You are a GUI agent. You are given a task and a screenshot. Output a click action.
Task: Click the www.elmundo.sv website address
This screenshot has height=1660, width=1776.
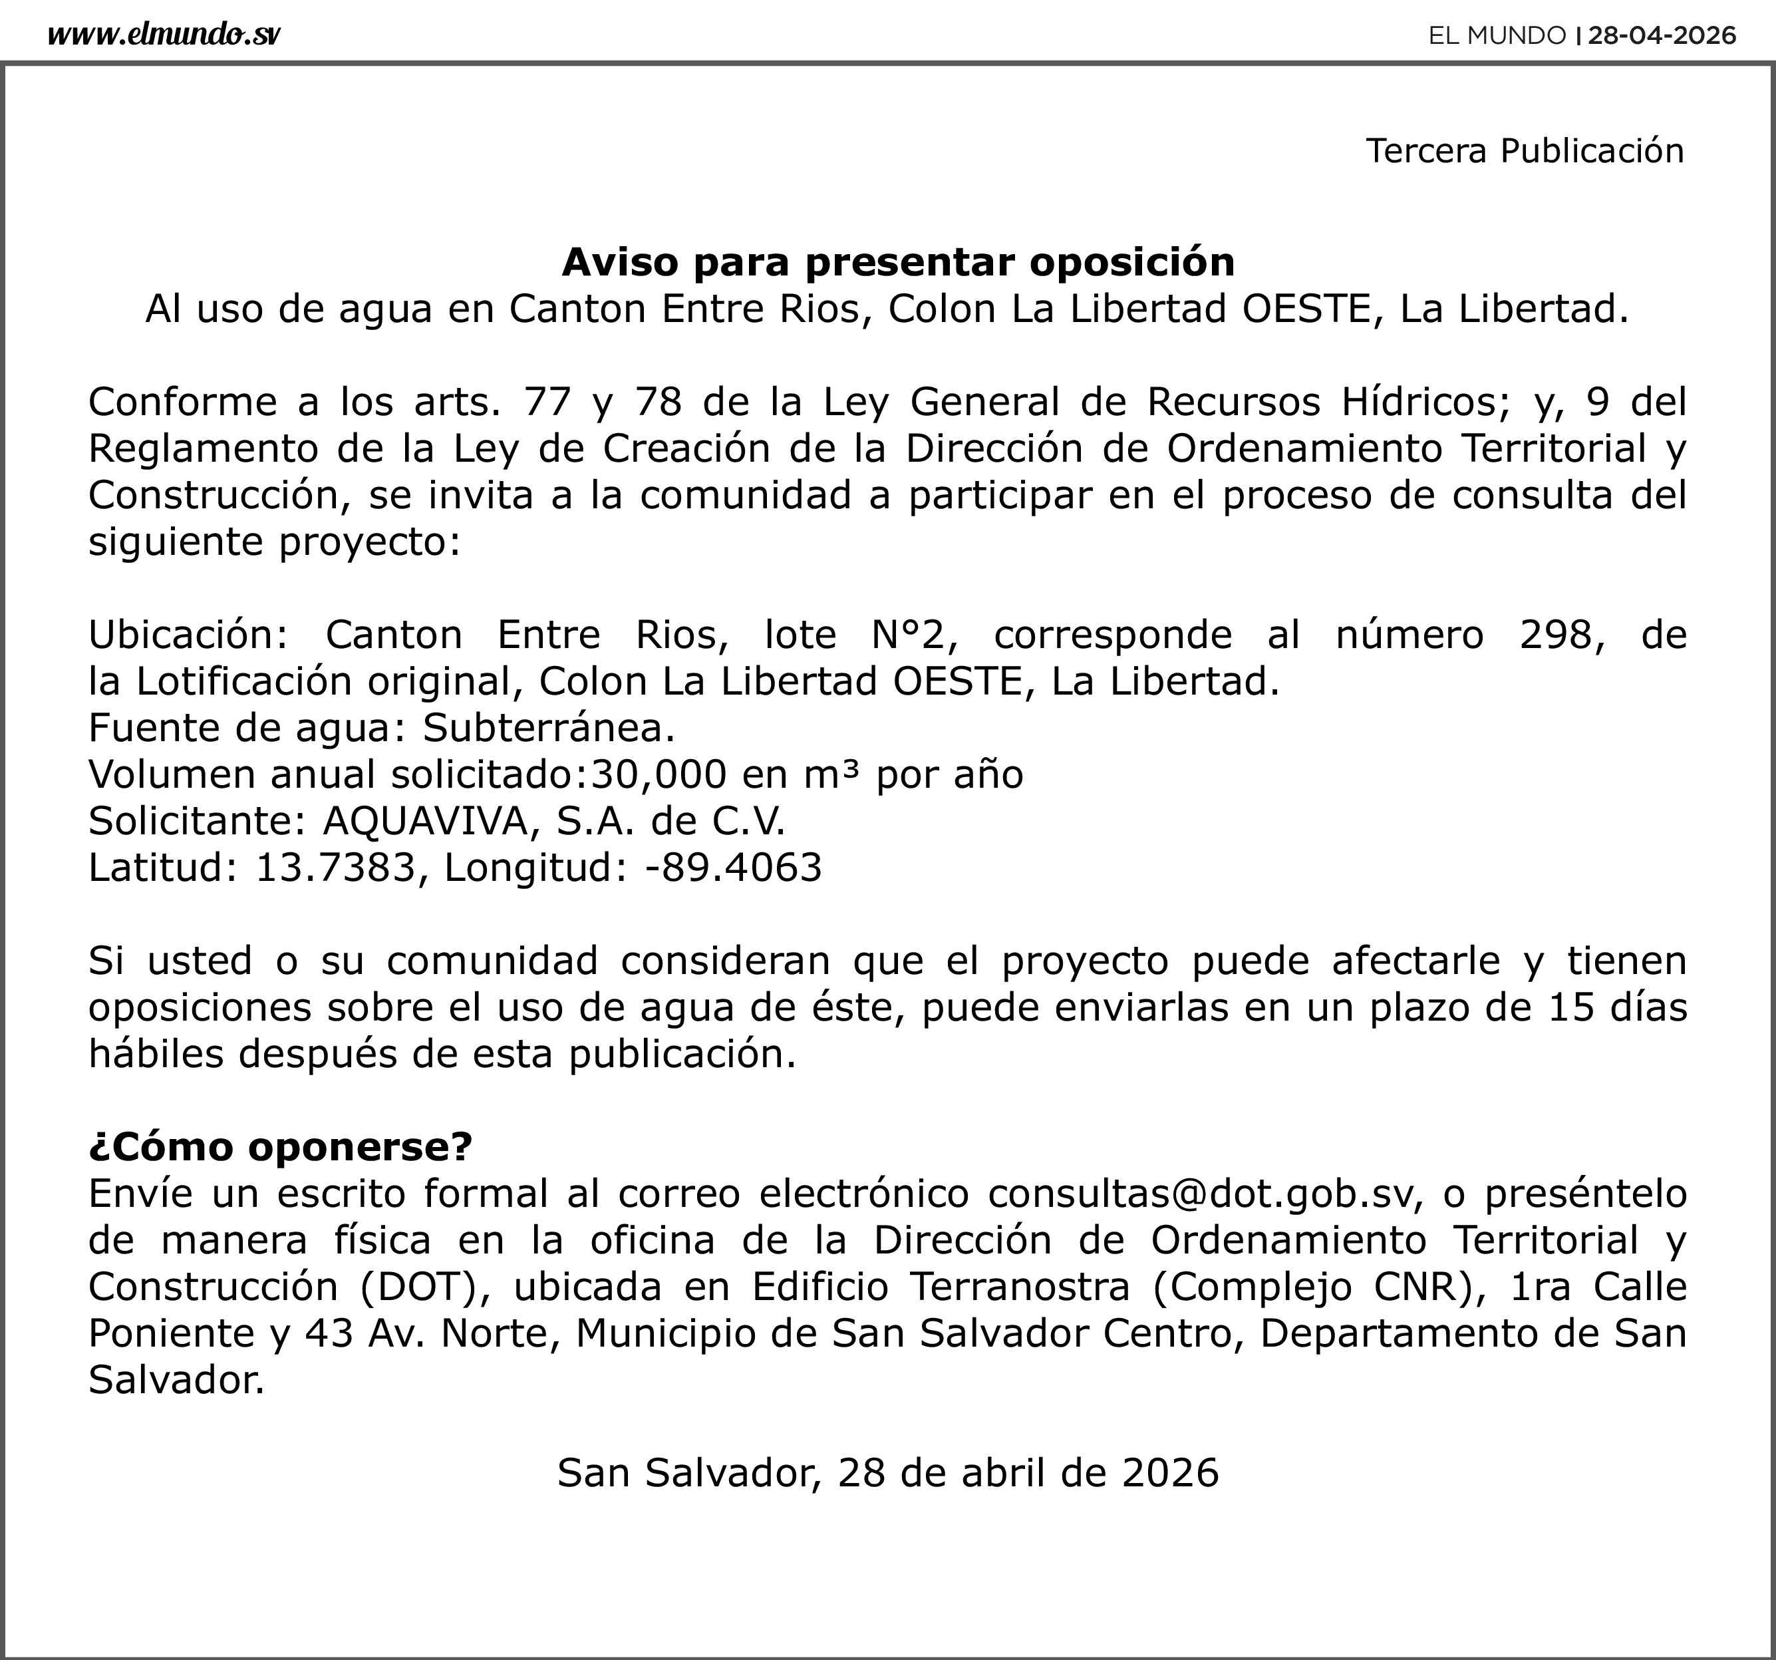tap(164, 35)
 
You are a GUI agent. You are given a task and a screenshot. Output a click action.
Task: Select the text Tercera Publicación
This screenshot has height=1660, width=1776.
tap(1524, 150)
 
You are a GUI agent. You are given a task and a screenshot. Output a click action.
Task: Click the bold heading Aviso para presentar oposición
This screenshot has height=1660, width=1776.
tap(898, 261)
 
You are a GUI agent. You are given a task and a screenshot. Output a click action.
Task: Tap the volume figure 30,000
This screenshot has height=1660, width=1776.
tap(659, 774)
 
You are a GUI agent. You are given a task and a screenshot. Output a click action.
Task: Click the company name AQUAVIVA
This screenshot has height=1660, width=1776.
tap(426, 820)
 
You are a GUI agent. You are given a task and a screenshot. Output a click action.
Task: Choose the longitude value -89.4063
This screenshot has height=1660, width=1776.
tap(732, 867)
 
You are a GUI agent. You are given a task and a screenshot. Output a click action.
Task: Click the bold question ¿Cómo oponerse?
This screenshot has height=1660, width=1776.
tap(279, 1146)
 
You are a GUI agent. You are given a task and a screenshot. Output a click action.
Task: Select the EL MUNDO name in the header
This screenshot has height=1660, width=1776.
tap(1497, 35)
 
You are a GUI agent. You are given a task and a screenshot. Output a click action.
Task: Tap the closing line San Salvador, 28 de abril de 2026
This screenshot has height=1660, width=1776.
tap(888, 1472)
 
